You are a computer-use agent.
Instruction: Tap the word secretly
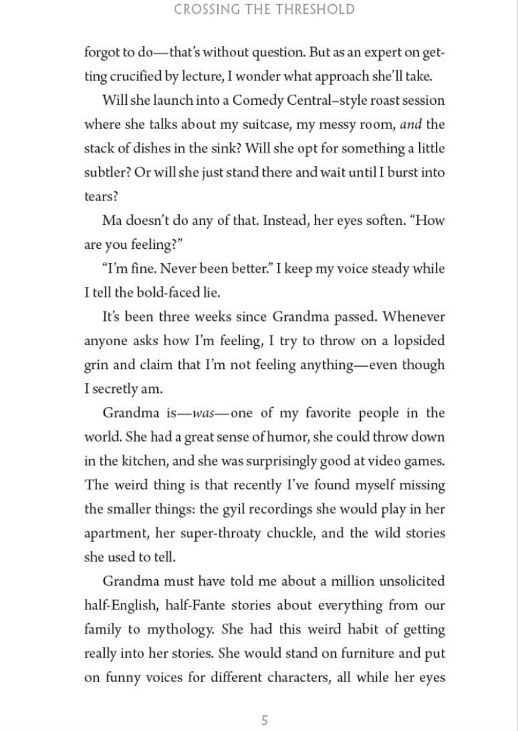[x=114, y=389]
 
